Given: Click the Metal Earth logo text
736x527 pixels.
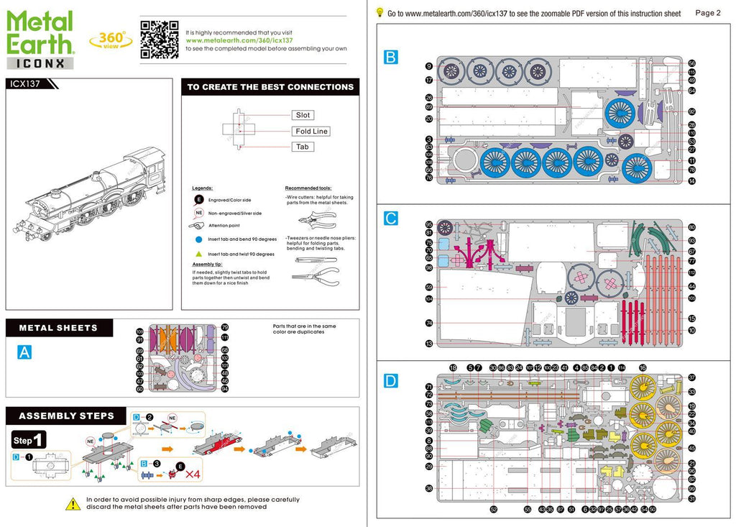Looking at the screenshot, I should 40,33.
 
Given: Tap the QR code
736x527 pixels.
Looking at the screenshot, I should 159,39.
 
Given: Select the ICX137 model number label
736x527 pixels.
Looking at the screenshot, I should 25,83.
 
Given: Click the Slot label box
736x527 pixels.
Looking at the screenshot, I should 303,115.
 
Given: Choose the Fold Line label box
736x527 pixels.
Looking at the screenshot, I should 311,131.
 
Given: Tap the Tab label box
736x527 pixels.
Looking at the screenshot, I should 303,147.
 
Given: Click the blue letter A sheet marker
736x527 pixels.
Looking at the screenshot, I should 24,352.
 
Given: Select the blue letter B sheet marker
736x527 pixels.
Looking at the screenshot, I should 391,58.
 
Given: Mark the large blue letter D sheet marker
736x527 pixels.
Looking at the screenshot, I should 391,381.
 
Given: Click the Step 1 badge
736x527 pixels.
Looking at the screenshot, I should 29,439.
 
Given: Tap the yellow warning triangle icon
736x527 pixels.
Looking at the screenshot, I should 73,504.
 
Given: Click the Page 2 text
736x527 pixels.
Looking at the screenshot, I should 708,13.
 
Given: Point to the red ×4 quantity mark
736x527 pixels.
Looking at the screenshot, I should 192,475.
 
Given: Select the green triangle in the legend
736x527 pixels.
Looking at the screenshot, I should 198,254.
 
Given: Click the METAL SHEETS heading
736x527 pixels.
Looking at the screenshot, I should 58,328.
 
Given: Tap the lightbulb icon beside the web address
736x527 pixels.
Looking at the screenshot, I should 379,12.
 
